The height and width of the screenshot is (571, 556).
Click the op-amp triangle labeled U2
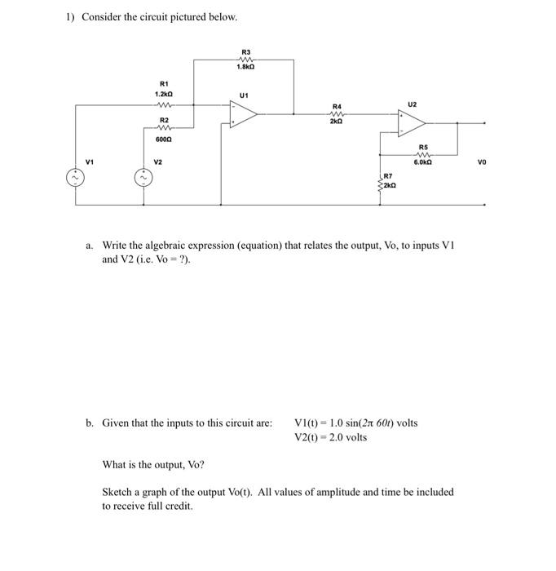tap(410, 123)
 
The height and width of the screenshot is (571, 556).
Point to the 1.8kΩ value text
tap(245, 66)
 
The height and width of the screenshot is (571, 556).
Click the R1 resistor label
tap(163, 84)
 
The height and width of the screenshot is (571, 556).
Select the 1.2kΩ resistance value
tap(163, 95)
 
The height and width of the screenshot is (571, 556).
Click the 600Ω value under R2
tap(163, 139)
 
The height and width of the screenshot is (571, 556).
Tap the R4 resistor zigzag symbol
tap(336, 114)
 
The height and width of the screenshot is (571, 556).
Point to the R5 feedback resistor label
tap(423, 147)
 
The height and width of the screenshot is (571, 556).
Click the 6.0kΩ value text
tap(423, 163)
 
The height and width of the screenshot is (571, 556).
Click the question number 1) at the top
tap(71, 17)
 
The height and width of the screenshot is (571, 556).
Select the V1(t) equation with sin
tap(355, 423)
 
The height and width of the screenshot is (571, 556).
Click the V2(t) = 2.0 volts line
tap(330, 437)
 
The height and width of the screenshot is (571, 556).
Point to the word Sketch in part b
tap(117, 492)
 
